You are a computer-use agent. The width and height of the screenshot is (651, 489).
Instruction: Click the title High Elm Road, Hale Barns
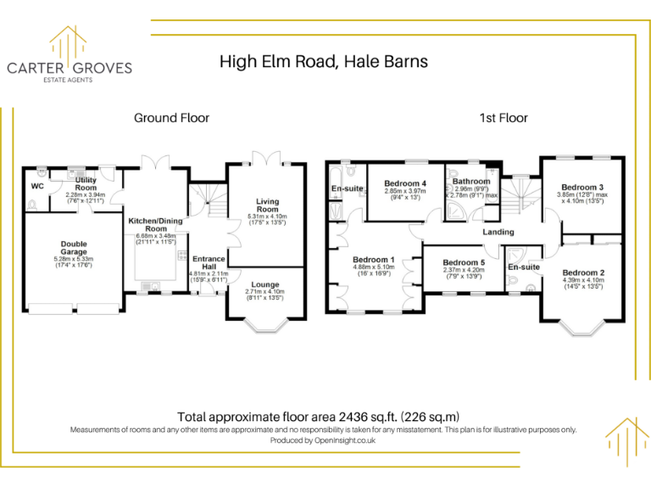coord(323,61)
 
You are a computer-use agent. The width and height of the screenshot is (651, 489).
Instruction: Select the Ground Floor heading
coord(171,118)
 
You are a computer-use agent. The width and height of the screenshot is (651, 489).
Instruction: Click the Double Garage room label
coord(74,247)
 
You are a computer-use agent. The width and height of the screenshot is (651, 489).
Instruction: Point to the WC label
coord(37,186)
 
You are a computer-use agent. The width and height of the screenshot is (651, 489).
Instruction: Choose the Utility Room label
coord(86,183)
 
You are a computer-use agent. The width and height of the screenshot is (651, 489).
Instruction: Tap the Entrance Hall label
coord(209,262)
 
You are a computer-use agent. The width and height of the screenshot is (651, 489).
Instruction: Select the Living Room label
coord(268,205)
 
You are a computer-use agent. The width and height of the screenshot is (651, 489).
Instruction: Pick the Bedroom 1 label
coord(374,259)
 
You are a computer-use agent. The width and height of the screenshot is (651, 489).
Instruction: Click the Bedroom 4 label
coord(404,183)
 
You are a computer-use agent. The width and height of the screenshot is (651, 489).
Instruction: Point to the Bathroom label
coord(470,181)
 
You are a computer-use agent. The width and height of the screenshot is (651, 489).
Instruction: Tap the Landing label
coord(498,232)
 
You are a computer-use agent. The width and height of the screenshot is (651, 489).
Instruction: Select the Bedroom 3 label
coord(582,187)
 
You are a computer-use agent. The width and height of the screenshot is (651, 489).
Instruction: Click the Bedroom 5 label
coord(464,262)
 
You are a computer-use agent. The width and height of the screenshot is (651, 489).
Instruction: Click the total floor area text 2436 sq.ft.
coord(318,417)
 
